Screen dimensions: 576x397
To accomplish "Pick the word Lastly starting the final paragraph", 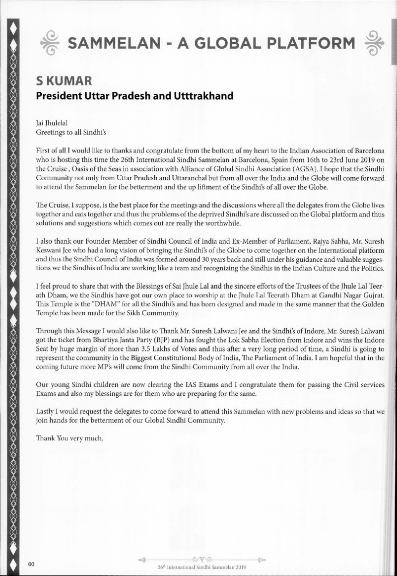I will pyautogui.click(x=47, y=412).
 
